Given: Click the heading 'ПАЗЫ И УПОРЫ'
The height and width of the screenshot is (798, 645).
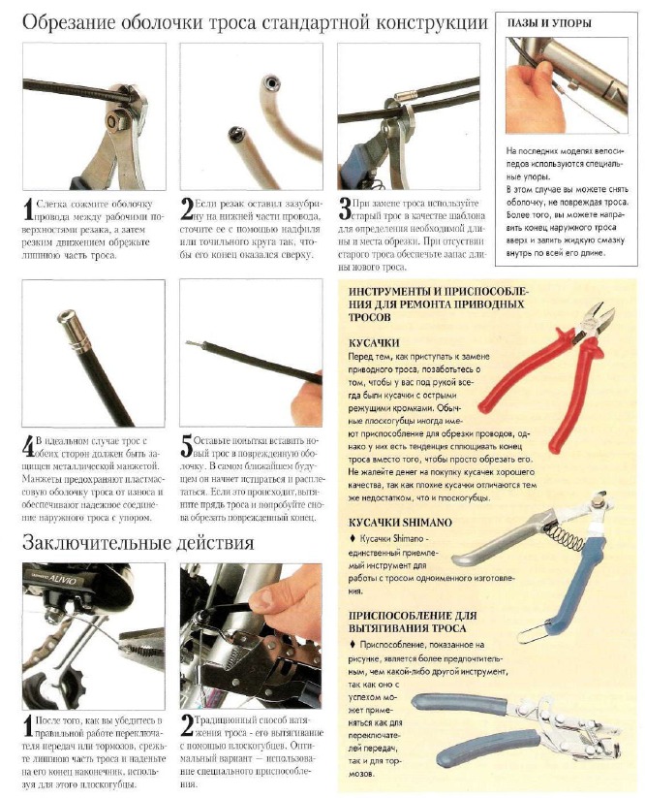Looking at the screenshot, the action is point(549,23).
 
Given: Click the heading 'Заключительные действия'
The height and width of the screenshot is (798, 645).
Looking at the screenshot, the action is point(138,543).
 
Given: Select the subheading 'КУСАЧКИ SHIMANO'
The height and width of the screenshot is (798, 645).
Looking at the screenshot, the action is point(400,523).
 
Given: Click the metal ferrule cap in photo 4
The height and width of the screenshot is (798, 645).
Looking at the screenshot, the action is point(70,327).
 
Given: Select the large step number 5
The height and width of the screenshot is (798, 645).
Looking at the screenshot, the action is point(187,447).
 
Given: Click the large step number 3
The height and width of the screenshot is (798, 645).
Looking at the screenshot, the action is point(345,209).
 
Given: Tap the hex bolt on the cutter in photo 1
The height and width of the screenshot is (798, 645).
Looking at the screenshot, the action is point(110,121).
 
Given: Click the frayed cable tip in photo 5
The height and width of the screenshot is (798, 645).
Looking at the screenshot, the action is point(193,344).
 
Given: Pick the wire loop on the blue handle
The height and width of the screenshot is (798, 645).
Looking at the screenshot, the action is point(532,632).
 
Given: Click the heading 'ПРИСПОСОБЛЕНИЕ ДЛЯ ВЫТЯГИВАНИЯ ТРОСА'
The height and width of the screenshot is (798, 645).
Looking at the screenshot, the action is point(413,622).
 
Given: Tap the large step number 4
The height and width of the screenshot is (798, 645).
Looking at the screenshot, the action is point(28,447).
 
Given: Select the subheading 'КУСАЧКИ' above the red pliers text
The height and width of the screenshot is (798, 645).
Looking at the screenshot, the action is point(374,343).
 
